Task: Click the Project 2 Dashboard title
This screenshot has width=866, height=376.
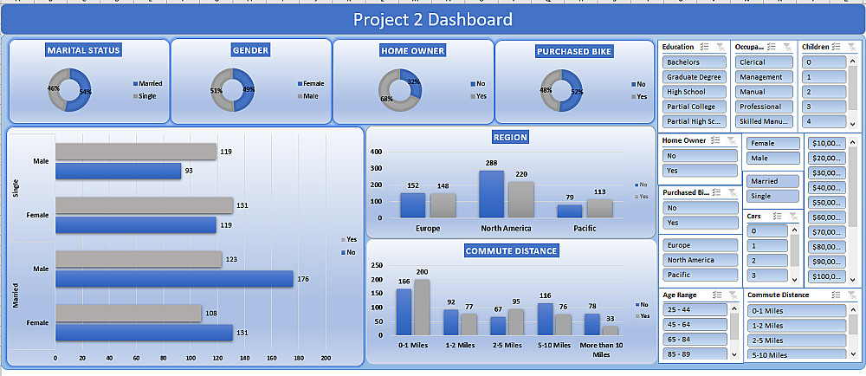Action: (432, 20)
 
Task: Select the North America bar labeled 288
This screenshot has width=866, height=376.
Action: (491, 193)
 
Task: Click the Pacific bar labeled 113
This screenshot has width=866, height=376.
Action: (599, 208)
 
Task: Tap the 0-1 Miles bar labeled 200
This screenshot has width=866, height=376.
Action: (422, 307)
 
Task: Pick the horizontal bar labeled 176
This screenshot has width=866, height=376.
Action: (174, 278)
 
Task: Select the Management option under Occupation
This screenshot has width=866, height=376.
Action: (763, 77)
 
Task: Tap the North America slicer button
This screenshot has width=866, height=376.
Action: (701, 260)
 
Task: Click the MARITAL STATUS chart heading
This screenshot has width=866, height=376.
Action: (84, 50)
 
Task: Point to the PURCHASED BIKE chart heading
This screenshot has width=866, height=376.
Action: (574, 51)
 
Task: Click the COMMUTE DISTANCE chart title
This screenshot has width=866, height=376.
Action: (511, 251)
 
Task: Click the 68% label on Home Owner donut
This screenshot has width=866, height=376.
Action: (386, 99)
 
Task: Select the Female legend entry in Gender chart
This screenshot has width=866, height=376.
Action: (313, 84)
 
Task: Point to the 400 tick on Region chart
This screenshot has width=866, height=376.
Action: (377, 152)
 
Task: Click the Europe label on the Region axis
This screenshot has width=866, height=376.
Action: (428, 229)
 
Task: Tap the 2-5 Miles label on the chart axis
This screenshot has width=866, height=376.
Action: (506, 345)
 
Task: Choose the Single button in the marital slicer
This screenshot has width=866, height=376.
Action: (770, 196)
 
